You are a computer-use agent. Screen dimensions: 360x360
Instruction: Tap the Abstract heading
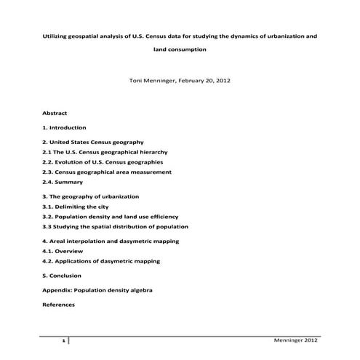[x=55, y=114]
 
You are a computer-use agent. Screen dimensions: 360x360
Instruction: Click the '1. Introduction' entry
[x=65, y=127]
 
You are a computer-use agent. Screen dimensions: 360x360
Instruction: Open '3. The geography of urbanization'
[x=90, y=196]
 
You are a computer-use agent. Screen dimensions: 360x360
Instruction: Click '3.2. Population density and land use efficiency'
[x=110, y=217]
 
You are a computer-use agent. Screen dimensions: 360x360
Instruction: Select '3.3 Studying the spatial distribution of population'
[x=115, y=227]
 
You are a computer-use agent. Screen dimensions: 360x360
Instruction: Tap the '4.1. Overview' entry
[x=64, y=251]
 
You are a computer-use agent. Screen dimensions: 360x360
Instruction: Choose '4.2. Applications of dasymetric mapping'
[x=101, y=261]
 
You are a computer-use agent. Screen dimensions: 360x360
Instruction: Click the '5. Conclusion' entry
[x=62, y=276]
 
